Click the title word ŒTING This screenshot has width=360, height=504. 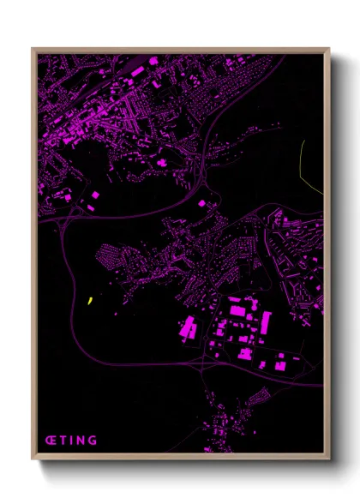coord(71,441)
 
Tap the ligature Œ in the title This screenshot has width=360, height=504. coord(51,441)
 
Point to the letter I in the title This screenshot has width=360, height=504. coord(72,441)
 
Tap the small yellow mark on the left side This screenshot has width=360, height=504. coord(90,300)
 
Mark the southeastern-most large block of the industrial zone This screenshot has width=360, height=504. coord(279,365)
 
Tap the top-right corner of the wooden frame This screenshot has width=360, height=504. coord(328,50)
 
